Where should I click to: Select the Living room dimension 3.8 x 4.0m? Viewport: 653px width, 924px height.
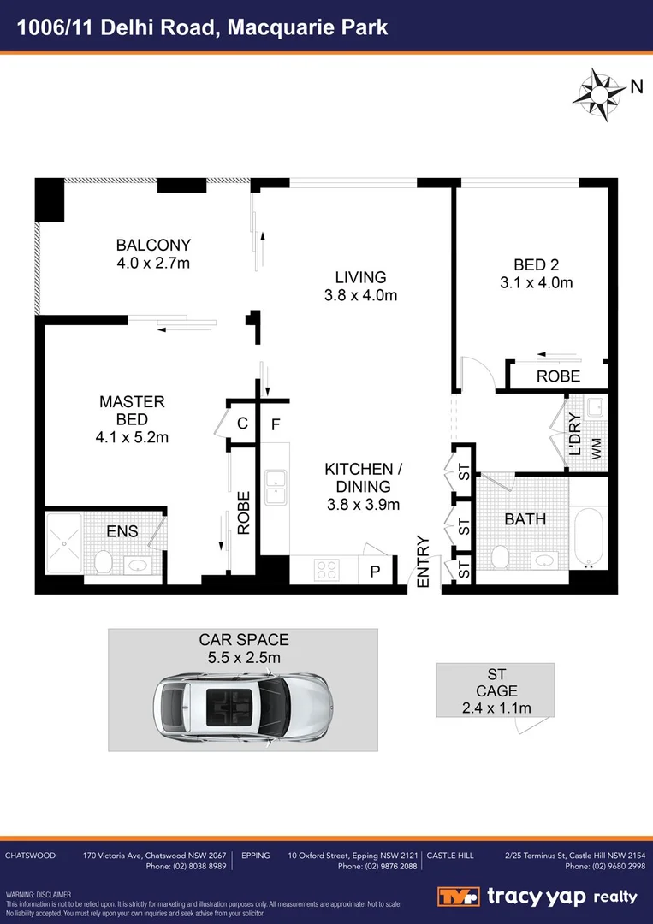point(360,296)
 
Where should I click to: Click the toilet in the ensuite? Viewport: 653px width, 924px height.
point(104,561)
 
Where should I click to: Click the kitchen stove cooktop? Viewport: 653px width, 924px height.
point(327,570)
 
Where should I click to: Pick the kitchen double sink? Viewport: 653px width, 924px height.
point(276,487)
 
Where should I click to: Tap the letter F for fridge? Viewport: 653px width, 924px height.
point(276,423)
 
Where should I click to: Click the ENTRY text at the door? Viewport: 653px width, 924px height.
point(422,561)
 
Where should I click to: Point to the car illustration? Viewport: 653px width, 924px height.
point(242,703)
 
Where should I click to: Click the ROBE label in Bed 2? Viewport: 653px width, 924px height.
point(558,376)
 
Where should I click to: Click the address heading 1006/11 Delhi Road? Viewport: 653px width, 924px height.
point(204,27)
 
